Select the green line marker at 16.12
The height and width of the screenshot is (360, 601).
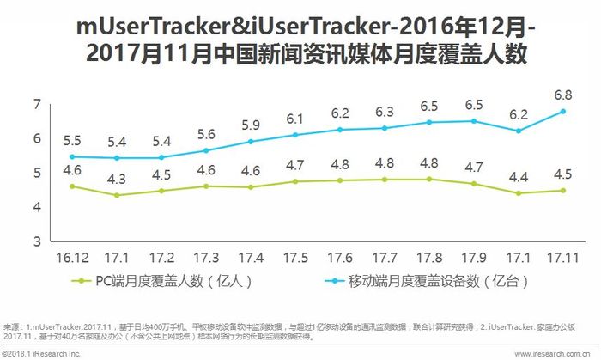pos(71,186)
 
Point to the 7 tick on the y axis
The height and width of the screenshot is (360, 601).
pos(37,104)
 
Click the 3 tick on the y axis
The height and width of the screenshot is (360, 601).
pos(37,241)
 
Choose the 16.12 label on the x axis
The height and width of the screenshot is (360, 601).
pos(71,257)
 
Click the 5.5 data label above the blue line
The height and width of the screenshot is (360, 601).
pos(71,139)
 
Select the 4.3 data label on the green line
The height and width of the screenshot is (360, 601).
pos(117,179)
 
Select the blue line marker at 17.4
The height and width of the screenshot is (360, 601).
pos(251,142)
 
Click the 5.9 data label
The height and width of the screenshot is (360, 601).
pos(251,125)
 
